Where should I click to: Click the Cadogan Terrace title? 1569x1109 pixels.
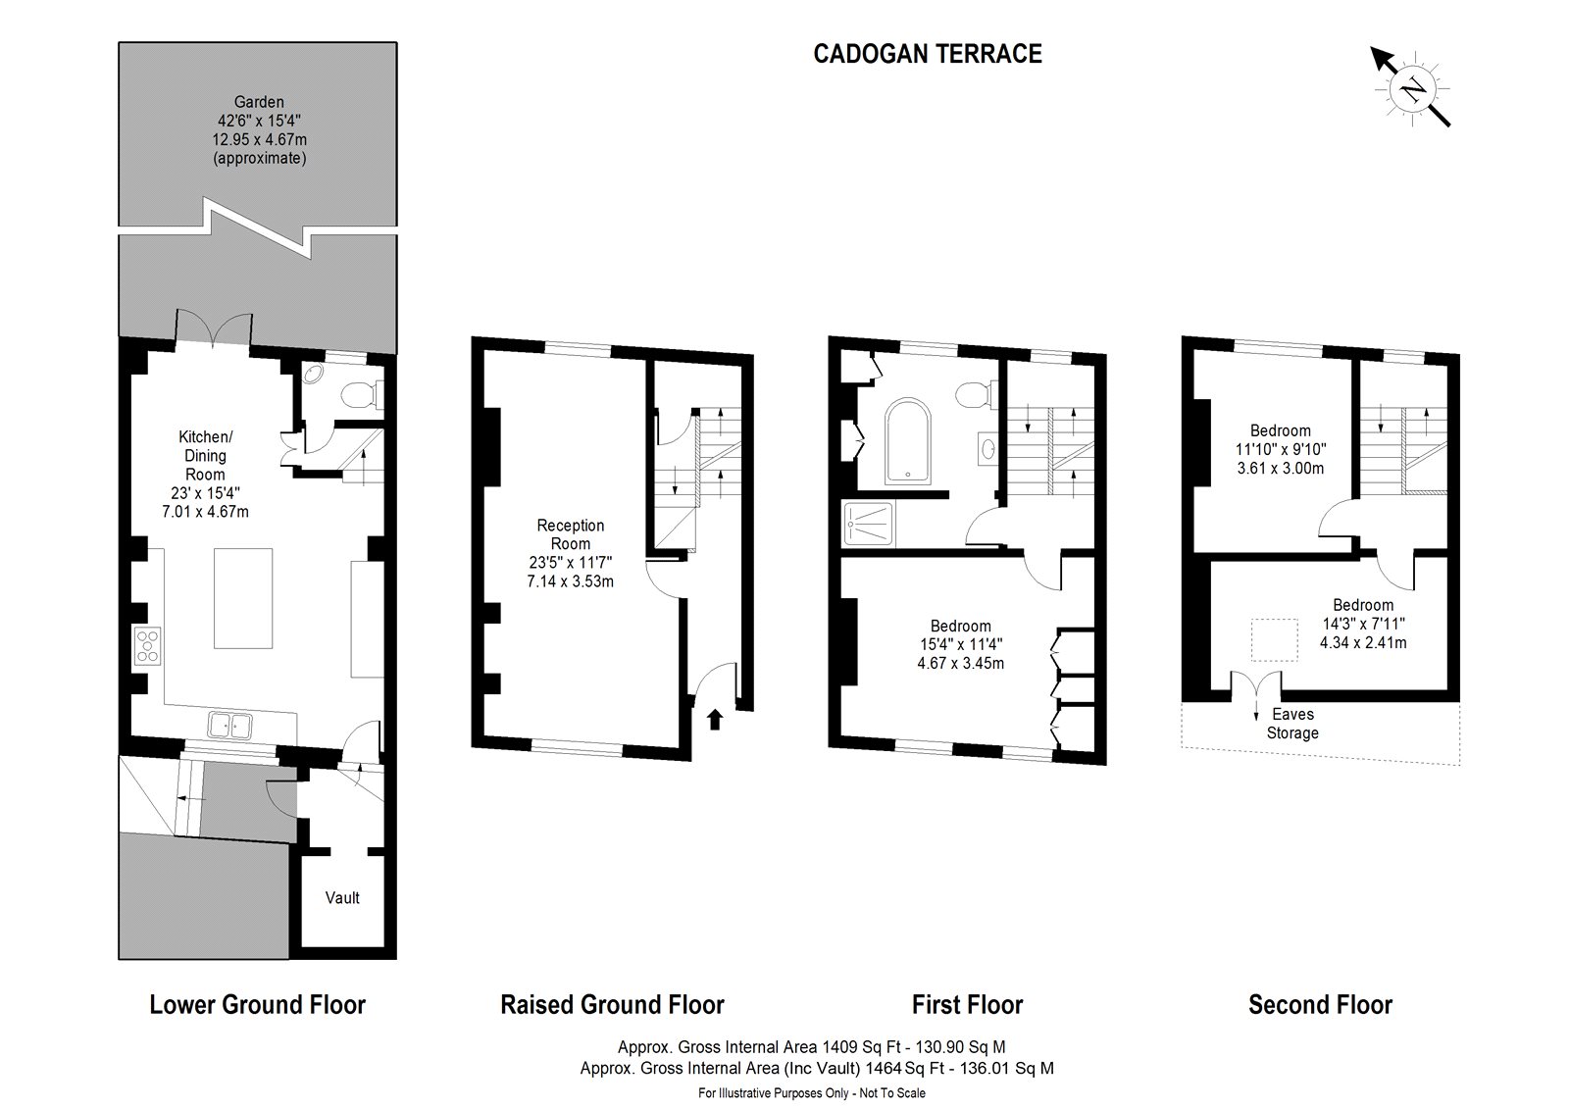pos(928,54)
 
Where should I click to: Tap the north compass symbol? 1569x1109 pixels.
pos(1411,89)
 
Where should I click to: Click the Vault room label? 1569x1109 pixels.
pos(342,897)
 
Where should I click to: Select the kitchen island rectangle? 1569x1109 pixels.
pos(243,598)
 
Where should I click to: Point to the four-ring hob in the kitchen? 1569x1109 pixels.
pos(148,645)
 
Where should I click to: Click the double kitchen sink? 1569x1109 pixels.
pos(229,725)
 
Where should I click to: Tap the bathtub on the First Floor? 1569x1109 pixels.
pos(907,441)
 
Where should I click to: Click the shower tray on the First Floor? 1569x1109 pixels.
pos(869,524)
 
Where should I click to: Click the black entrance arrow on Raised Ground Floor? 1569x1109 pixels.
pos(715,720)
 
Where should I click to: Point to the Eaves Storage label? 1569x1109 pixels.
pos(1292,724)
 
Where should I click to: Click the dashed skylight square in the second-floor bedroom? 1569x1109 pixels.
pos(1274,639)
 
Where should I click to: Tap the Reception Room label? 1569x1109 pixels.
pos(570,534)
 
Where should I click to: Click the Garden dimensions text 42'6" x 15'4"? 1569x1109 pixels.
pos(259,121)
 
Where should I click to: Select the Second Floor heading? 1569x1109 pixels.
pos(1320,1005)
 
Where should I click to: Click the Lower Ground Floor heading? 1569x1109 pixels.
pos(258,1005)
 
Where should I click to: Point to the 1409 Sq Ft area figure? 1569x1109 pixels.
pos(861,1046)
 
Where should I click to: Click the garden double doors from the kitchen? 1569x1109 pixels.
pos(214,328)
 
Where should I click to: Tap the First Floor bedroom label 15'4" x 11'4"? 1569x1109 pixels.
pos(960,644)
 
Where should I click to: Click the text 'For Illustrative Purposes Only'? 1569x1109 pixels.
pos(774,1093)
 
